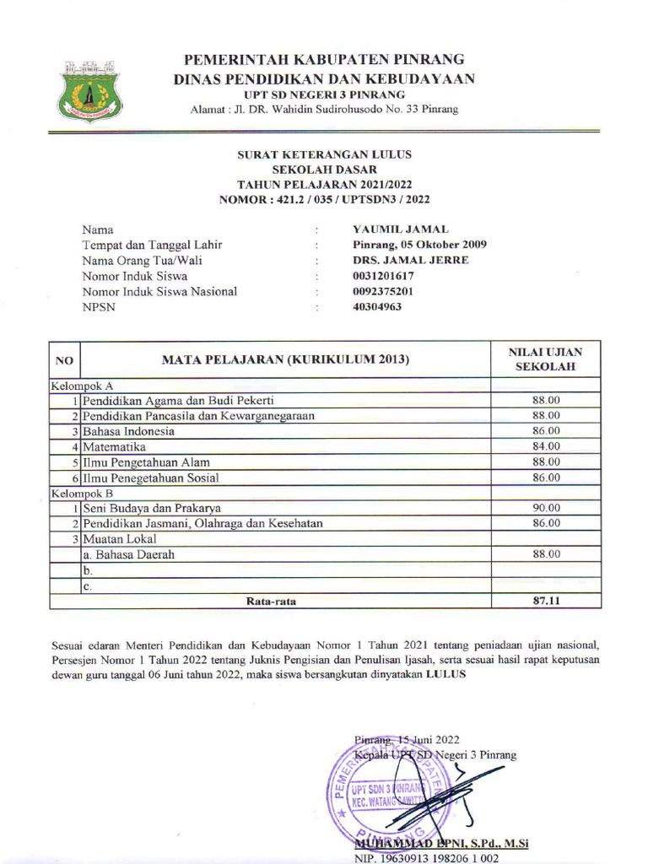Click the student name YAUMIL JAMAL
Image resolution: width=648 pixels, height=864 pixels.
click(x=400, y=229)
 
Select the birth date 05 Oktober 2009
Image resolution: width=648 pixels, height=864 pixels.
click(x=419, y=245)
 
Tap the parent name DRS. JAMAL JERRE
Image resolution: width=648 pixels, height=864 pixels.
click(x=410, y=260)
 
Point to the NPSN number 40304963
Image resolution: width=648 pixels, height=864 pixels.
click(x=377, y=306)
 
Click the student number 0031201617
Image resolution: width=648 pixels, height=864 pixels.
click(x=383, y=276)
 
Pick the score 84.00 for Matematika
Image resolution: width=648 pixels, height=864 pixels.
click(x=546, y=446)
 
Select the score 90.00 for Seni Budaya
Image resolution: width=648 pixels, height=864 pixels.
click(x=546, y=508)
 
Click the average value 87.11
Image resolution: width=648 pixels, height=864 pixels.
click(x=546, y=602)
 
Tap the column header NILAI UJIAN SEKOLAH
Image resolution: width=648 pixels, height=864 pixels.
click(x=546, y=359)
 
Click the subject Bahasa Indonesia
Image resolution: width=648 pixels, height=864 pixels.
click(x=129, y=431)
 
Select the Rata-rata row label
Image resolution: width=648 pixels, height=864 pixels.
click(x=271, y=602)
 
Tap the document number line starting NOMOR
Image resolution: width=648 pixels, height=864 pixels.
click(x=324, y=200)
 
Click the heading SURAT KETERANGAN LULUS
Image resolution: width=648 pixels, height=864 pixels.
click(x=324, y=155)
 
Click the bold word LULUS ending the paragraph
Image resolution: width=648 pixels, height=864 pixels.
click(x=445, y=676)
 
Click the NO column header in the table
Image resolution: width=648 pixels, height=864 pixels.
click(x=64, y=360)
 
